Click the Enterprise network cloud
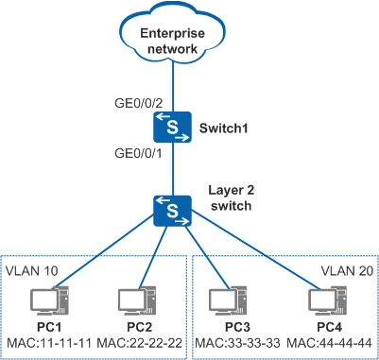[172, 34]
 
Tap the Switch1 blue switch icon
[172, 127]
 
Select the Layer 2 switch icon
[172, 211]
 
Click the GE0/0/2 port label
[139, 103]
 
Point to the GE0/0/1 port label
[139, 154]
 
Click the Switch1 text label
[224, 128]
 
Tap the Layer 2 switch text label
[232, 197]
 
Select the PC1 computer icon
[49, 300]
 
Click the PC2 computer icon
[138, 300]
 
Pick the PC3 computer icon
[229, 300]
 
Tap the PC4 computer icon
[328, 300]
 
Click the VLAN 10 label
[32, 270]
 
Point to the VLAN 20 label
[348, 270]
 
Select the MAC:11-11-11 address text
[49, 343]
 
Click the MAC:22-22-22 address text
[140, 343]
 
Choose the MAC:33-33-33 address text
[237, 343]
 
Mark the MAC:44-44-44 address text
[330, 343]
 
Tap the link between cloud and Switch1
[173, 87]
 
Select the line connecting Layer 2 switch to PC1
[104, 251]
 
